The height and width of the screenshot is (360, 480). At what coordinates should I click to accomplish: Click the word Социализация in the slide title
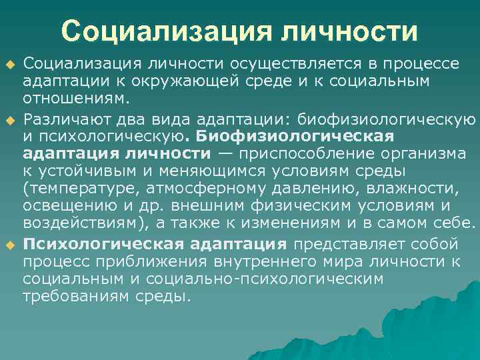tap(167, 32)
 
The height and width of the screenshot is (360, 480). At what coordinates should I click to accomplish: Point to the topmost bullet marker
tap(10, 65)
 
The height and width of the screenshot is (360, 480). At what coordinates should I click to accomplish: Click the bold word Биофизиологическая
tap(295, 137)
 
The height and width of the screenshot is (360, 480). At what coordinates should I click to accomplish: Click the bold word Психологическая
tap(95, 244)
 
